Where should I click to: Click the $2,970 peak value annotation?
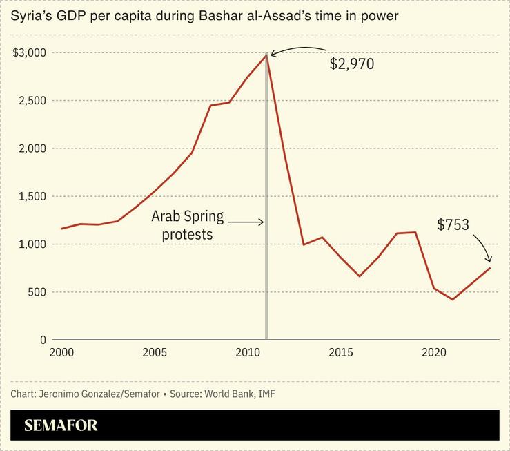click(352, 65)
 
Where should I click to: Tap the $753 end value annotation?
click(453, 224)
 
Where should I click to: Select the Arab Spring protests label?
click(188, 226)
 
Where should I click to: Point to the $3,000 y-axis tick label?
click(29, 53)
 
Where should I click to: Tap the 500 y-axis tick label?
click(37, 292)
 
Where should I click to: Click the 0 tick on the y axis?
click(43, 340)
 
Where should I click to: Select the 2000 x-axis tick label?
click(61, 353)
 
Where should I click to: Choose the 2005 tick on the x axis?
click(155, 353)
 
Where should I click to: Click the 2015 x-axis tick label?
click(341, 353)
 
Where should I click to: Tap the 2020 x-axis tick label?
click(434, 353)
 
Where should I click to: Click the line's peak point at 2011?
click(266, 55)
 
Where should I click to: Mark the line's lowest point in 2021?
click(453, 300)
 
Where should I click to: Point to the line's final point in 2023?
click(490, 267)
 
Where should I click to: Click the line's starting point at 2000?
click(61, 229)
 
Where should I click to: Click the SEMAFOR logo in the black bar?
click(61, 425)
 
